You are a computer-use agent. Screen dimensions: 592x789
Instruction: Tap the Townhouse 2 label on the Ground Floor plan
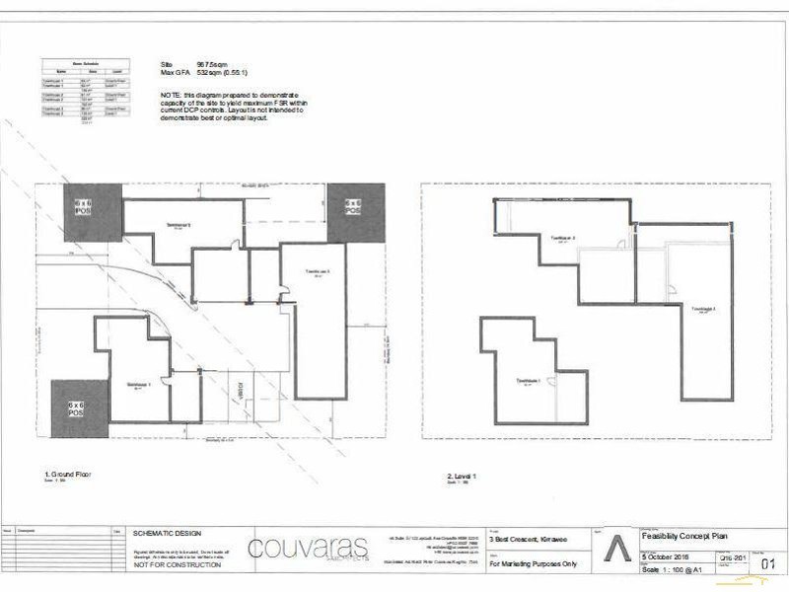click(x=177, y=226)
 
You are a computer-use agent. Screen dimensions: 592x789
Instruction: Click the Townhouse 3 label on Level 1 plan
click(x=702, y=308)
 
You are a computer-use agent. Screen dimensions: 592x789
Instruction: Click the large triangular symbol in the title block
click(x=616, y=550)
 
